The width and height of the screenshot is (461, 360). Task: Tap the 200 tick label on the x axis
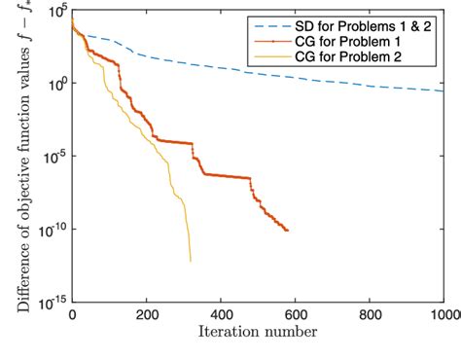[146, 315]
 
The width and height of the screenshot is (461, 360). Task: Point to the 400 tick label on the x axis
[221, 315]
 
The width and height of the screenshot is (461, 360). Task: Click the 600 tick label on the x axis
[296, 315]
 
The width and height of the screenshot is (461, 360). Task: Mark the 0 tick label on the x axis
[72, 315]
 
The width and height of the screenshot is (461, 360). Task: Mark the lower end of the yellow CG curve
[191, 261]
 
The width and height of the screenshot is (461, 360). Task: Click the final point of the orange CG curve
[288, 231]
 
